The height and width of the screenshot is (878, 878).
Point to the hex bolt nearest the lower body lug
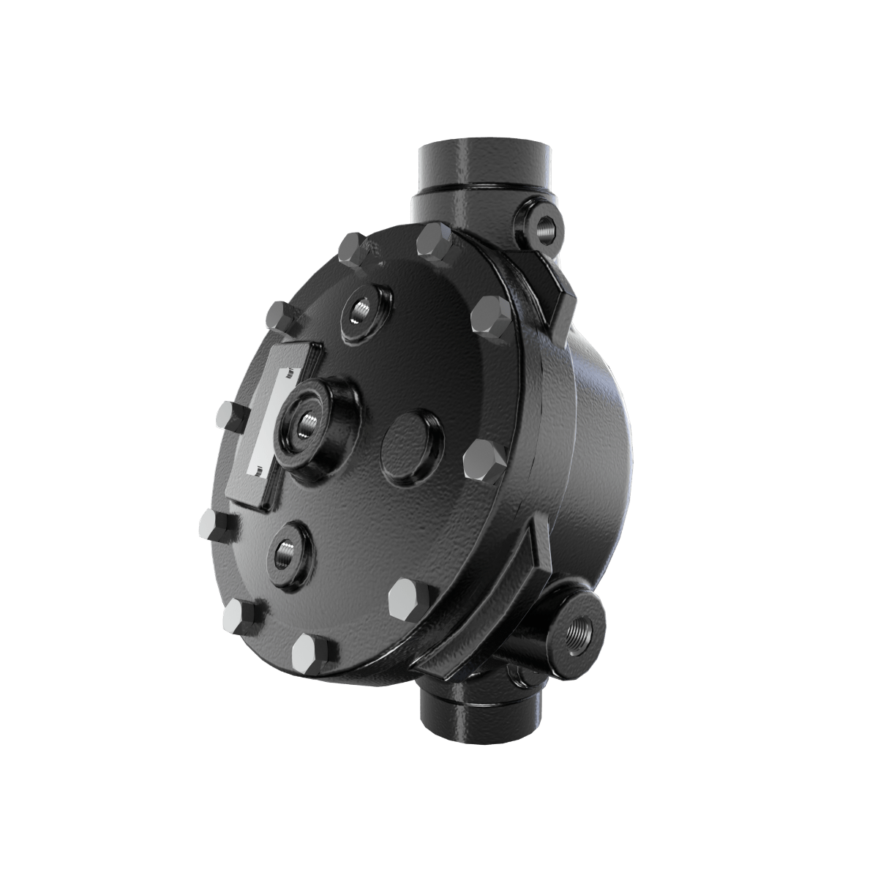pyautogui.click(x=408, y=599)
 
